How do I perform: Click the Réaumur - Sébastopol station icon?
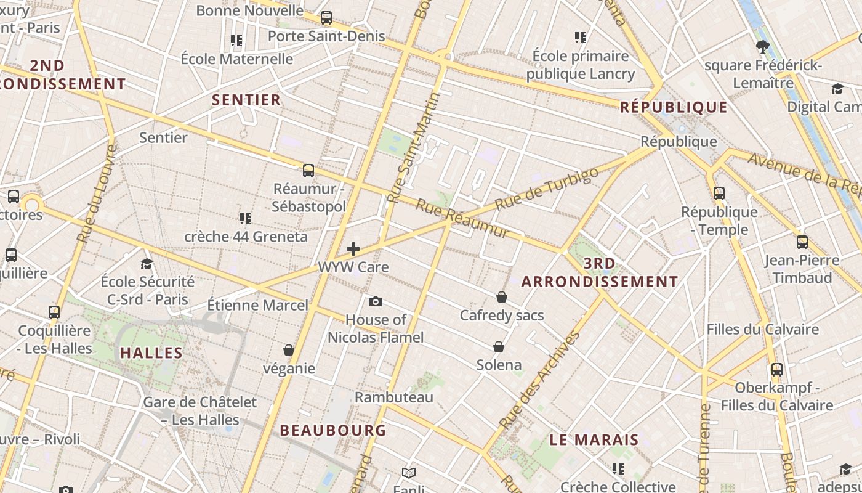coord(308,171)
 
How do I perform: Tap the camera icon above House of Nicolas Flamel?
coord(375,301)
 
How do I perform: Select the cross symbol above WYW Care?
coord(353,249)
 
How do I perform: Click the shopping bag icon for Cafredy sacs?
coord(502,298)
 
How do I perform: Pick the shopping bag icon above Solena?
coord(499,347)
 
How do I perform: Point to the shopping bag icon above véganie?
coord(288,350)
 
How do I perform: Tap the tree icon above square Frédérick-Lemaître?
coord(762,47)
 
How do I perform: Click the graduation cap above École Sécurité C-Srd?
coord(147,264)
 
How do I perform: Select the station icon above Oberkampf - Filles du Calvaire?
coord(777,370)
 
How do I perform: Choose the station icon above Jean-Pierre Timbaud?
coord(802,242)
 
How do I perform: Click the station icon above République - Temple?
coord(719,194)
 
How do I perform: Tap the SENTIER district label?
coord(246,100)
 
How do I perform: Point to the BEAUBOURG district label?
coord(333,430)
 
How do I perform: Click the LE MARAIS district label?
coord(594,440)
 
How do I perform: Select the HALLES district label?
coord(151,353)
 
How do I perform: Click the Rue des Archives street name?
coord(540,380)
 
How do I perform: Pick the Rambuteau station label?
coord(394,397)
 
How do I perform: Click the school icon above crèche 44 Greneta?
coord(246,218)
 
